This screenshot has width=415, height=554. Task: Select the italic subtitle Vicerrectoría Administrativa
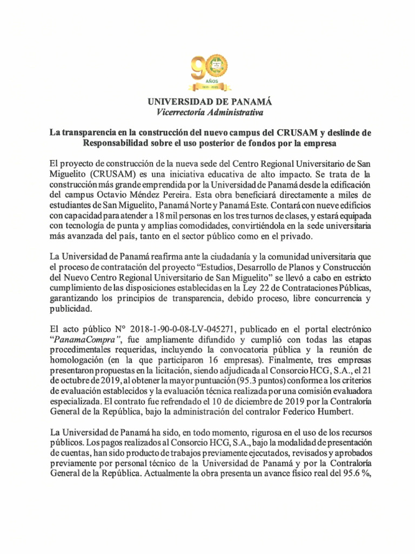tap(207, 113)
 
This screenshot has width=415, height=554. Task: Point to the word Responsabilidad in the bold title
tap(118, 143)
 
